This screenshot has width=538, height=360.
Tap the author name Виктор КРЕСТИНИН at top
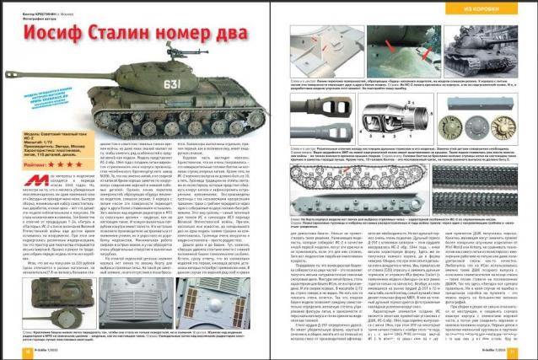(37, 4)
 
